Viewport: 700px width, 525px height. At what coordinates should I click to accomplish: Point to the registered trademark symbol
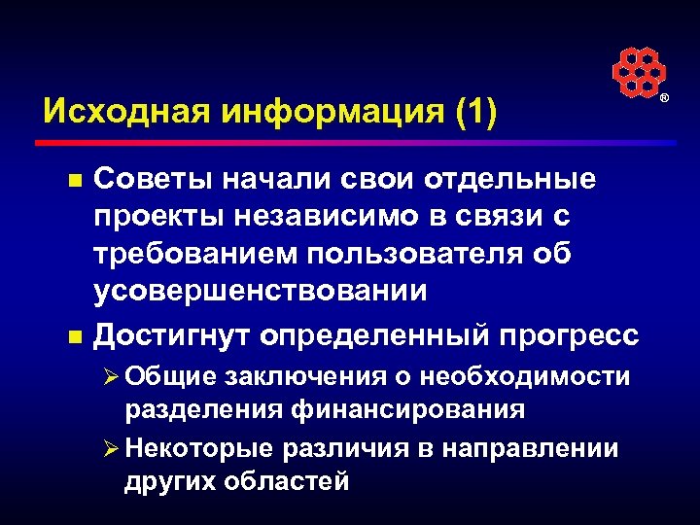[x=665, y=100]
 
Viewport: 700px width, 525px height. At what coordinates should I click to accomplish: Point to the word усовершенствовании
[x=260, y=290]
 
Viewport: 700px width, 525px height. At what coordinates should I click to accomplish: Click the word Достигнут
[x=178, y=335]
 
